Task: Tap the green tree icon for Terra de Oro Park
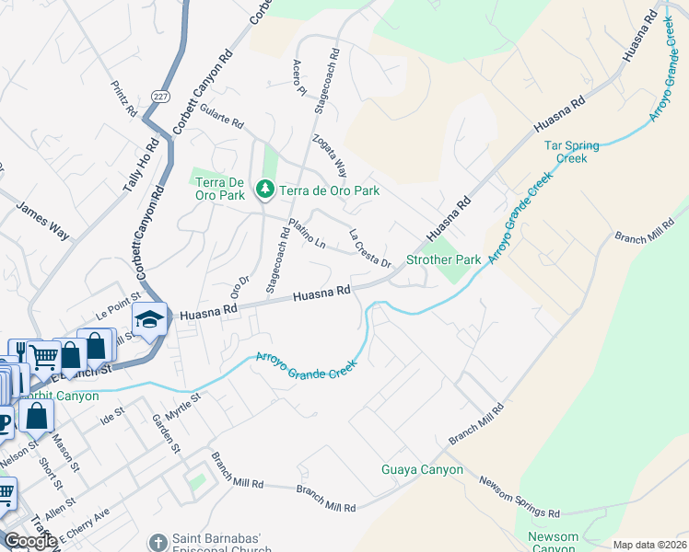click(265, 189)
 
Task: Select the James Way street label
click(43, 222)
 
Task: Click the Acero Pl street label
click(298, 78)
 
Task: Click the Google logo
click(30, 541)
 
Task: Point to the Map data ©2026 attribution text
click(649, 545)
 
